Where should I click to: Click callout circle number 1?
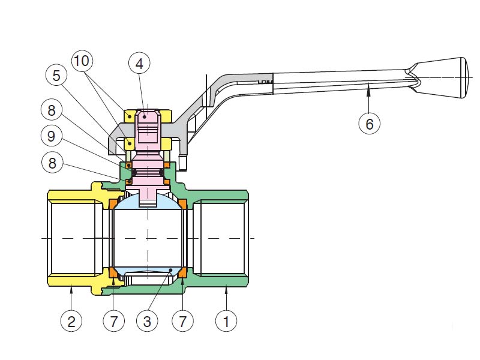[x=226, y=321]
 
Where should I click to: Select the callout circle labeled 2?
[x=71, y=321]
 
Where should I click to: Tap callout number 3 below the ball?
[x=147, y=321]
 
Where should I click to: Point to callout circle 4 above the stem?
[x=139, y=63]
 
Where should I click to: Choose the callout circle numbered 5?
[x=56, y=76]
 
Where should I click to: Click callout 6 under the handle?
[x=369, y=124]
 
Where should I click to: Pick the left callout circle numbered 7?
[x=113, y=321]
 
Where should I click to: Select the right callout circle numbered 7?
[x=182, y=321]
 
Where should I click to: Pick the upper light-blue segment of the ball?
[x=148, y=204]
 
